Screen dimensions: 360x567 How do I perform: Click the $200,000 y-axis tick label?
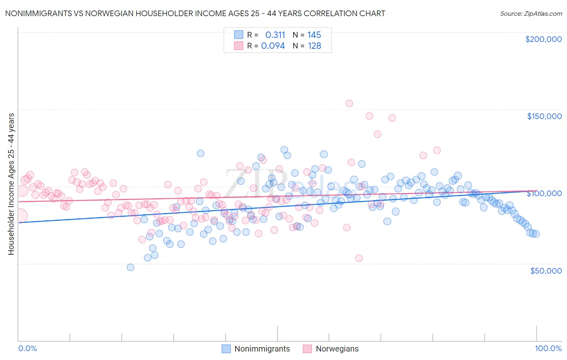(x=543, y=39)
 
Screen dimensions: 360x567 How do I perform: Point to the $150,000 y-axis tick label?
(x=544, y=116)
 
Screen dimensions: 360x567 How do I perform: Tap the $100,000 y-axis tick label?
(x=544, y=193)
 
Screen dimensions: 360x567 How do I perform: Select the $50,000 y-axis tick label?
(x=546, y=270)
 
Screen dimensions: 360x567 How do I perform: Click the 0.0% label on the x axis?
(x=28, y=348)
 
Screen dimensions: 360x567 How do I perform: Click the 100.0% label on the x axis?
(x=548, y=348)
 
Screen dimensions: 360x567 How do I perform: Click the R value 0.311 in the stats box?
(x=275, y=35)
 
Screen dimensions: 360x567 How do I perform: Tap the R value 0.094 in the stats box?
(x=273, y=46)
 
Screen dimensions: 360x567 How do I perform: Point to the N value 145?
(x=314, y=35)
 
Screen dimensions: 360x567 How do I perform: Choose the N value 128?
(x=314, y=46)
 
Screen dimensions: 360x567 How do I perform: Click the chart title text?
(x=195, y=13)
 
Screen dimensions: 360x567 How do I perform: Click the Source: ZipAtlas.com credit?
(x=531, y=13)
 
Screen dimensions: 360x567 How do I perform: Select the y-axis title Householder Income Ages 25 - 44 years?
(x=11, y=184)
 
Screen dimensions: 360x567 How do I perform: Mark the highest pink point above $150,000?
(x=349, y=103)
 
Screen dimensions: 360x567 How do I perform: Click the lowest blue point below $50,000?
(x=130, y=267)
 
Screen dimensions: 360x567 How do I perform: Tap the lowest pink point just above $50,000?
(x=359, y=258)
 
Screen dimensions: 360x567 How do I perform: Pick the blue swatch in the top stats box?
(x=238, y=35)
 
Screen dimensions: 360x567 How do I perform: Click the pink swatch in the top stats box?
(x=238, y=46)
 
